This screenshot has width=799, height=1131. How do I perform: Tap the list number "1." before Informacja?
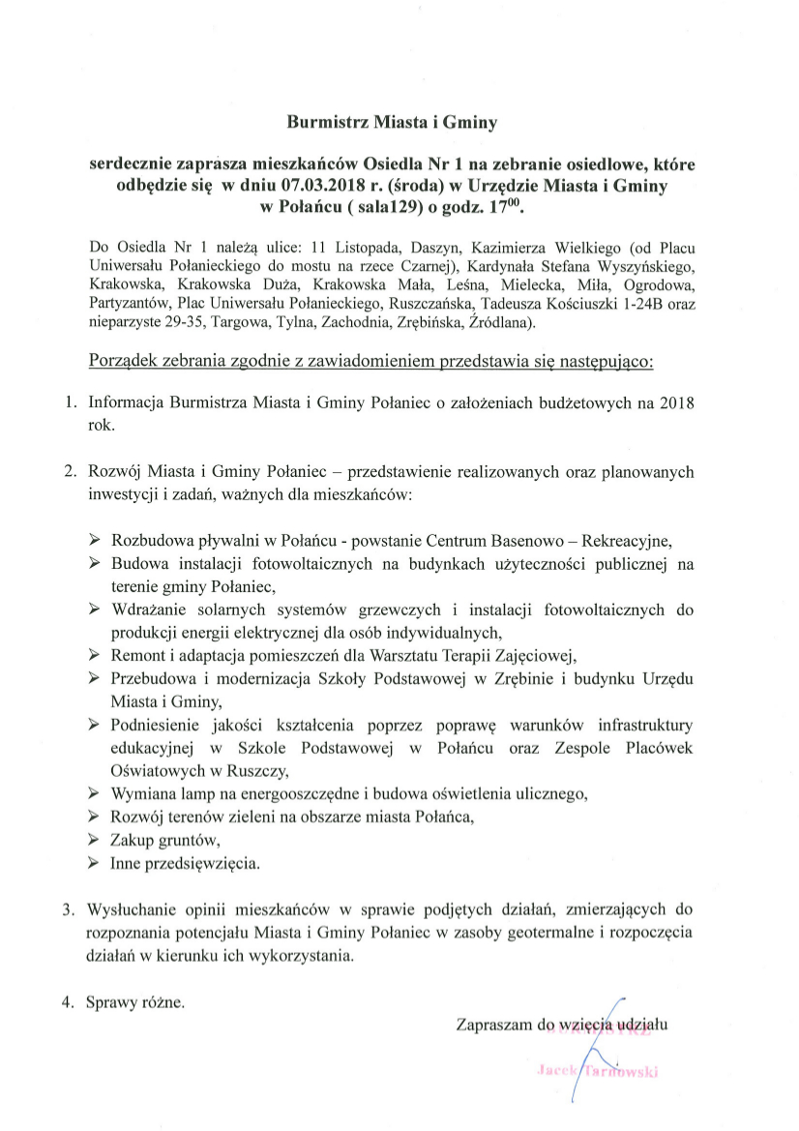pyautogui.click(x=70, y=402)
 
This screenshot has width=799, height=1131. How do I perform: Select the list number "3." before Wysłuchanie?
pyautogui.click(x=70, y=909)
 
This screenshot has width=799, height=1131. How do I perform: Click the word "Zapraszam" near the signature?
pyautogui.click(x=494, y=1023)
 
